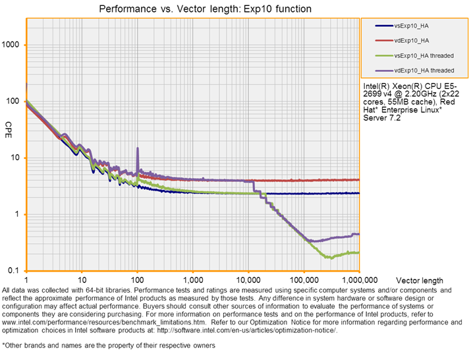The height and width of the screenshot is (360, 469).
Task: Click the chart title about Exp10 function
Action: [x=204, y=9]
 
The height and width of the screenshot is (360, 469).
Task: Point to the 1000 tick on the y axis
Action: [x=13, y=45]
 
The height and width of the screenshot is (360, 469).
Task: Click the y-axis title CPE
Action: [x=9, y=125]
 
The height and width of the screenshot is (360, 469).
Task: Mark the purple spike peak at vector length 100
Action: [x=138, y=148]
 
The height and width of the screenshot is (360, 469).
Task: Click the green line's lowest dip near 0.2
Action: [x=331, y=258]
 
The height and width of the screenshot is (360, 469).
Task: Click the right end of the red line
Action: [x=358, y=179]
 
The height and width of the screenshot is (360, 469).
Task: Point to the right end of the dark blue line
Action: [x=358, y=193]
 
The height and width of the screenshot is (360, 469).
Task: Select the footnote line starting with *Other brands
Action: [x=109, y=345]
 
